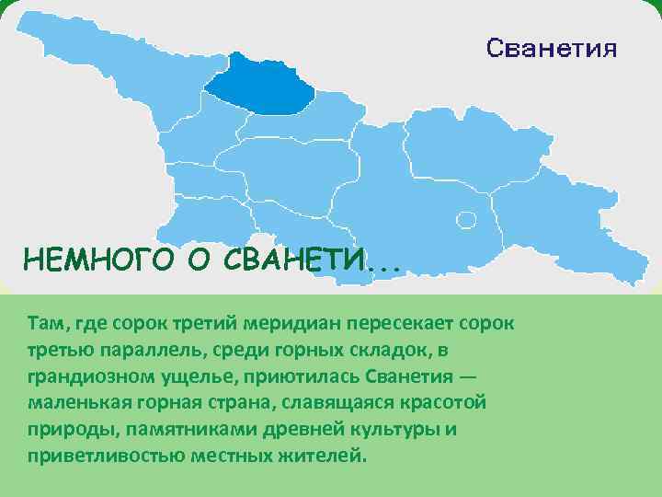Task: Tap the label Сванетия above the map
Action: point(552,48)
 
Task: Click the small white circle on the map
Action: point(467,219)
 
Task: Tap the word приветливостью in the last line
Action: point(91,457)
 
